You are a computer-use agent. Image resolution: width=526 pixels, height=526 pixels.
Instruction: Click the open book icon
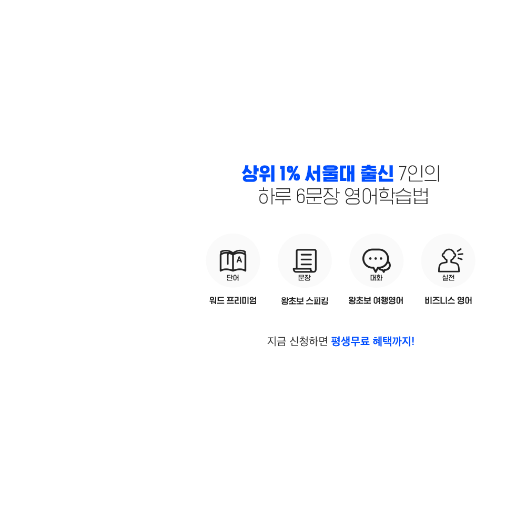[233, 261]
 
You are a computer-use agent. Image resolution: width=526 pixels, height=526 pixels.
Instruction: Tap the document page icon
[305, 261]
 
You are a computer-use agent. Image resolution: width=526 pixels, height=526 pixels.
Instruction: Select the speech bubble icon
[377, 260]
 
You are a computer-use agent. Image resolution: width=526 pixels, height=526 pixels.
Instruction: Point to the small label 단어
[233, 278]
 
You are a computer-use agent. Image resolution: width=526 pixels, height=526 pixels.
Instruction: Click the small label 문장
[305, 278]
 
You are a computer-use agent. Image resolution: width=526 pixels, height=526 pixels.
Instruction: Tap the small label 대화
[377, 278]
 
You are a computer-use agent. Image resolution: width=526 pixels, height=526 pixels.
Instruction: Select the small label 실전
[448, 278]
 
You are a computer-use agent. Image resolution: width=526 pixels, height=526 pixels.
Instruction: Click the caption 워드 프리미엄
[233, 300]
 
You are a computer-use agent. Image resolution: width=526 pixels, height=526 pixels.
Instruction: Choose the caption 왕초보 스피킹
[305, 300]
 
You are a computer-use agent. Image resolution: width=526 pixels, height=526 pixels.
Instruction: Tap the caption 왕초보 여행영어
[376, 300]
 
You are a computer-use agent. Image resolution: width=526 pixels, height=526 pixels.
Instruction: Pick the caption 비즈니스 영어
[448, 300]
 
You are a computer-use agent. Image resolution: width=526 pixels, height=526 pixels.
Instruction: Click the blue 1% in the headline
[290, 174]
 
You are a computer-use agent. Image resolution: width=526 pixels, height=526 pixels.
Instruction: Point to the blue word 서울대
[330, 174]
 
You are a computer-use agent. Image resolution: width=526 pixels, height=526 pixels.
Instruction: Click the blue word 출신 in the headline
[377, 174]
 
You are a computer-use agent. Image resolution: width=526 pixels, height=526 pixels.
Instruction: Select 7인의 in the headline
[419, 174]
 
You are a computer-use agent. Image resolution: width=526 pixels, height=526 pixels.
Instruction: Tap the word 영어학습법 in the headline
[387, 196]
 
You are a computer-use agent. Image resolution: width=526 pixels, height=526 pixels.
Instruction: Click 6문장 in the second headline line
[317, 196]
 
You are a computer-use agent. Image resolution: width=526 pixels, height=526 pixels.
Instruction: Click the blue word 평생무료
[350, 341]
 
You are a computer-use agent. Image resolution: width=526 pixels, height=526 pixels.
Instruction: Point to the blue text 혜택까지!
[393, 341]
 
